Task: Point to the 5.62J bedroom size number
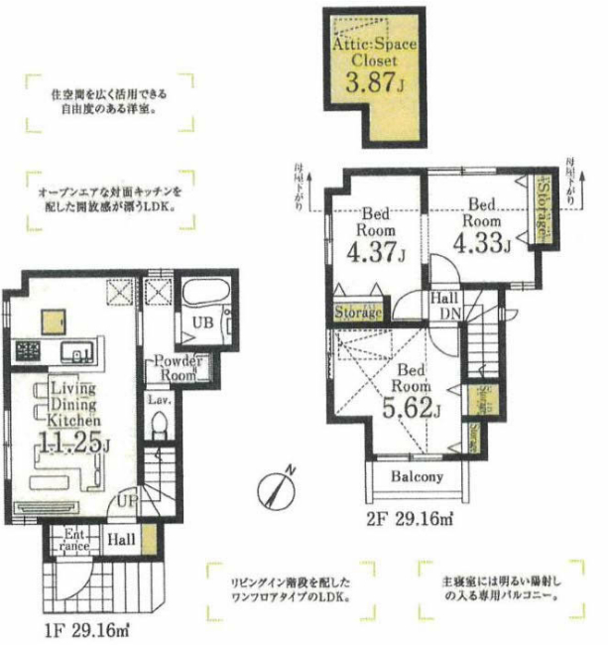408,406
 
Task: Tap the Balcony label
416,476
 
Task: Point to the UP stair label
127,502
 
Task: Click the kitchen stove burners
26,350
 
